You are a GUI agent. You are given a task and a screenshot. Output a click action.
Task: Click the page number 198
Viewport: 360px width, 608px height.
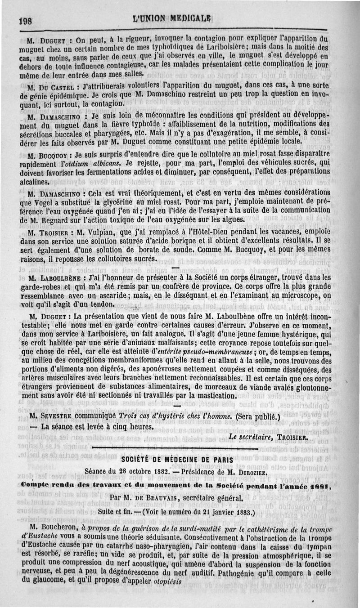point(27,20)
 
